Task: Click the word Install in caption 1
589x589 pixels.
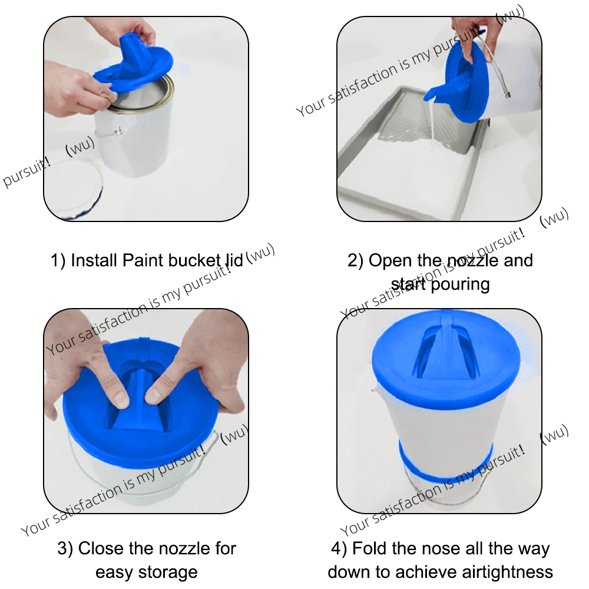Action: (x=94, y=260)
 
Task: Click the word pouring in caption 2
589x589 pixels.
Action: (x=459, y=284)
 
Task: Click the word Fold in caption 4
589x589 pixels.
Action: (x=369, y=549)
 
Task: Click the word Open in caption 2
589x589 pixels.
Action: (x=389, y=260)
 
